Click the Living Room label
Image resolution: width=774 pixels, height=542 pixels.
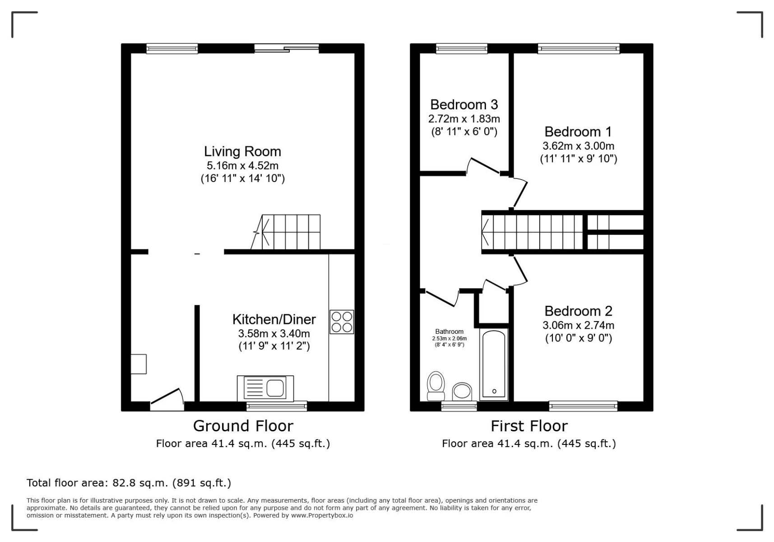pyautogui.click(x=242, y=151)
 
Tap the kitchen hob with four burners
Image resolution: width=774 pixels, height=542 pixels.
pyautogui.click(x=342, y=322)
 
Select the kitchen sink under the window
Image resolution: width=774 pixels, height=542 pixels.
pyautogui.click(x=265, y=388)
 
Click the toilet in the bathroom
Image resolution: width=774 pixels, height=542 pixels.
pyautogui.click(x=436, y=386)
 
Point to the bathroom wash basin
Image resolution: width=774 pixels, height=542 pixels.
pyautogui.click(x=462, y=391)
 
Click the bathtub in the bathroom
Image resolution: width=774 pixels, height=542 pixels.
pyautogui.click(x=494, y=364)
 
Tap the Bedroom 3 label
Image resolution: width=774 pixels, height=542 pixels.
pyautogui.click(x=464, y=105)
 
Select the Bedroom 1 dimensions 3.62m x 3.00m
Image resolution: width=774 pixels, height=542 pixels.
pyautogui.click(x=579, y=146)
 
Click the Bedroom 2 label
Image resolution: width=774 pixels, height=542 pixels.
pyautogui.click(x=579, y=311)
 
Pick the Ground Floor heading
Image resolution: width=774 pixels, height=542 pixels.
pyautogui.click(x=243, y=426)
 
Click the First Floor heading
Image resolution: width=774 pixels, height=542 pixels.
pyautogui.click(x=529, y=426)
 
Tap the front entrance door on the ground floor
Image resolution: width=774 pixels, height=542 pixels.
pyautogui.click(x=167, y=399)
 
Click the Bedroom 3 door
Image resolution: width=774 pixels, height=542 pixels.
pyautogui.click(x=483, y=166)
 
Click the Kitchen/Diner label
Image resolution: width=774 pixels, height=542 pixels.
pyautogui.click(x=274, y=319)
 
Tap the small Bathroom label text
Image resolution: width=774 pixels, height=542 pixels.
pyautogui.click(x=449, y=332)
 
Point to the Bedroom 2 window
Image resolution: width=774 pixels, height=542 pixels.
pyautogui.click(x=583, y=406)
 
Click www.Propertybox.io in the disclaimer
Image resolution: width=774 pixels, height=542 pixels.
pyautogui.click(x=322, y=515)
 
